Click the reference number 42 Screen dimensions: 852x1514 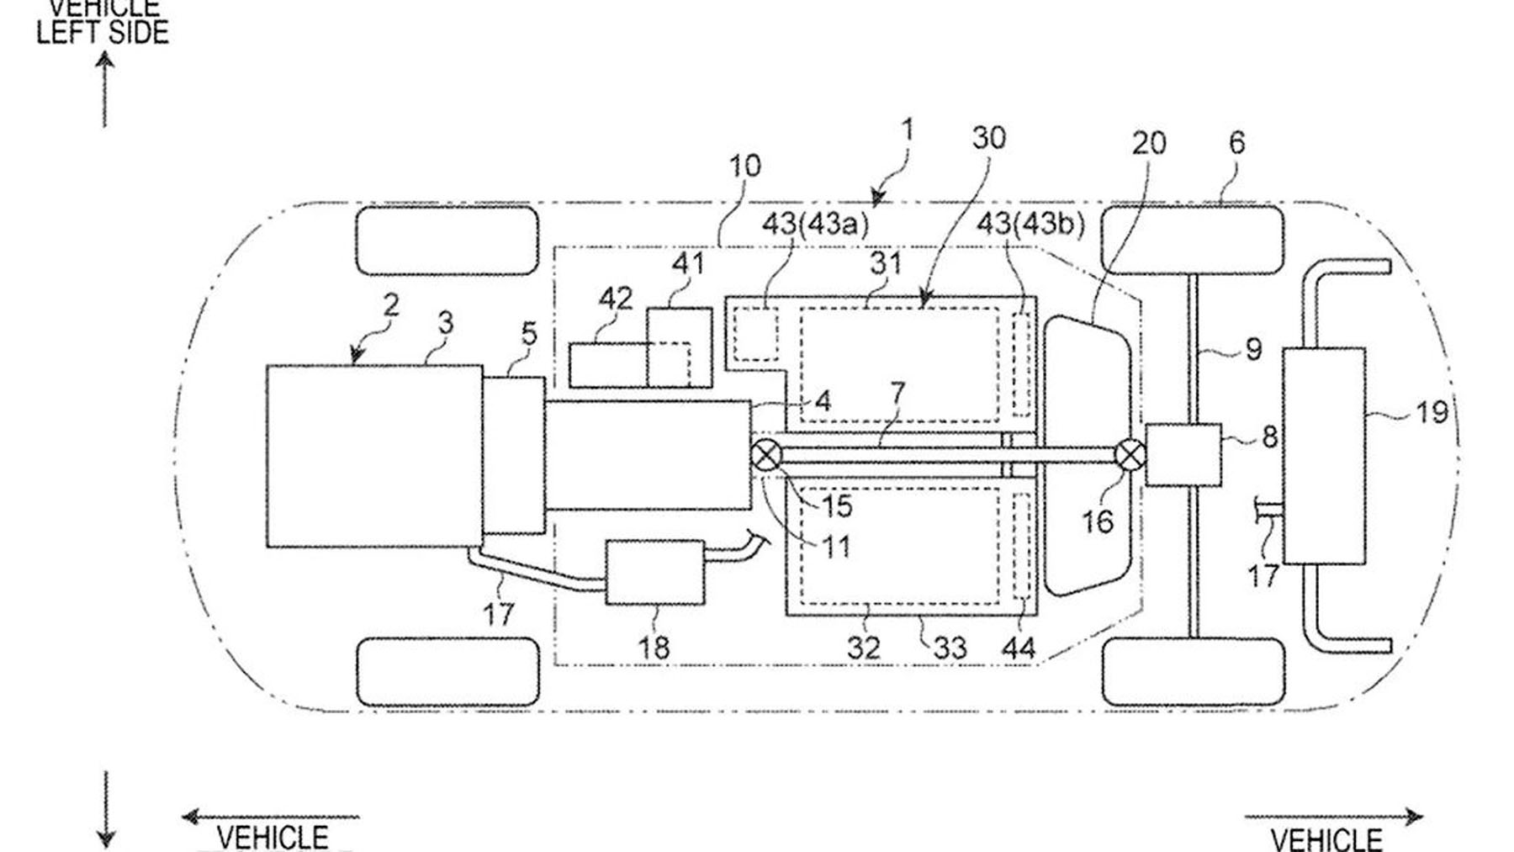pyautogui.click(x=615, y=299)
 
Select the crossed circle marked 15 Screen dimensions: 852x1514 pyautogui.click(x=765, y=456)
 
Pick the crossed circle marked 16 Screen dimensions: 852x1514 pyautogui.click(x=1130, y=456)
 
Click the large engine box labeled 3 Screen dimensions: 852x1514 pyautogui.click(x=374, y=456)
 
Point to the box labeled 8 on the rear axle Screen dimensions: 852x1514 pyautogui.click(x=1183, y=454)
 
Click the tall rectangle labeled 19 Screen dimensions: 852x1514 pyautogui.click(x=1323, y=455)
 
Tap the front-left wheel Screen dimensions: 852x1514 pyautogui.click(x=447, y=241)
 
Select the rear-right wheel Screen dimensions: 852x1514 pyautogui.click(x=1193, y=670)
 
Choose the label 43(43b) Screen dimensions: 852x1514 pyautogui.click(x=1030, y=224)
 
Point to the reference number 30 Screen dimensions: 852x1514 pyautogui.click(x=988, y=138)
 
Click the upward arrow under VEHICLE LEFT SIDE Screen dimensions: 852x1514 pyautogui.click(x=105, y=88)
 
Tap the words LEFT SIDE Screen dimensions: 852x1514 pyautogui.click(x=103, y=32)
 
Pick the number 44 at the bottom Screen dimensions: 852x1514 pyautogui.click(x=1018, y=648)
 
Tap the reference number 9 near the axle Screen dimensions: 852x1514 pyautogui.click(x=1253, y=348)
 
